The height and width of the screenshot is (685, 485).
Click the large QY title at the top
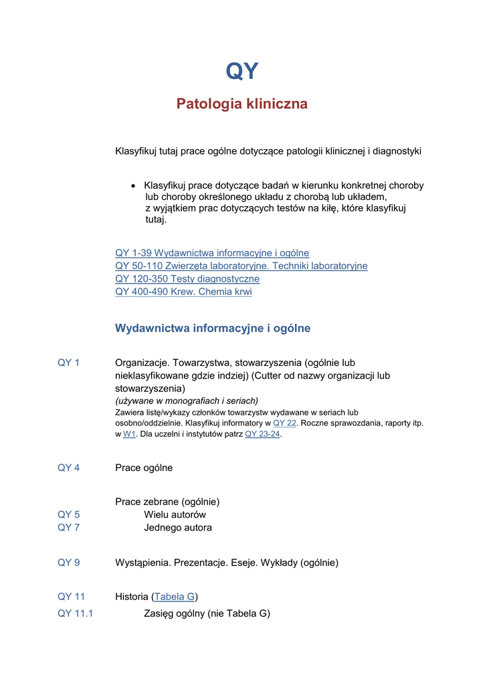tap(241, 71)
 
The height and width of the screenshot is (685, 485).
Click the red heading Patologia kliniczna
tap(241, 104)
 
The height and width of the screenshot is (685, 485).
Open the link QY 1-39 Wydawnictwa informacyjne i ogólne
tap(212, 253)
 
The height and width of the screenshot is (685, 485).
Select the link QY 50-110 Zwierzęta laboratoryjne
tap(241, 266)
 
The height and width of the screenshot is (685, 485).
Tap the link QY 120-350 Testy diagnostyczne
tap(187, 279)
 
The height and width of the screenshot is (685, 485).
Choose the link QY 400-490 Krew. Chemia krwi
tap(183, 292)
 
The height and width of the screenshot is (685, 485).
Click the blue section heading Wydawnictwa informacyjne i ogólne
tap(213, 328)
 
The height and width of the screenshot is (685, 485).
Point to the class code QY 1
tap(69, 363)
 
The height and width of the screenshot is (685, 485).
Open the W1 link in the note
tap(130, 434)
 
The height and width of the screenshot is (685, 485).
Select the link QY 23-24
tap(262, 434)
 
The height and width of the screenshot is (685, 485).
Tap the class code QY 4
tap(69, 468)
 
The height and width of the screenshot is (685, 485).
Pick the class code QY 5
tap(69, 515)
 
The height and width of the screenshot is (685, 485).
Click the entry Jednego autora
tap(178, 528)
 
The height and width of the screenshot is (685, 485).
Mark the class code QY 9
tap(69, 563)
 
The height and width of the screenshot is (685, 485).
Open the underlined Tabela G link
tap(175, 597)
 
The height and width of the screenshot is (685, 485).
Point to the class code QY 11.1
tap(76, 613)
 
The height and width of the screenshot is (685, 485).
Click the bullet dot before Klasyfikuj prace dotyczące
tap(134, 186)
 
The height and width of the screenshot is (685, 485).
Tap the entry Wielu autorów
tap(175, 515)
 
